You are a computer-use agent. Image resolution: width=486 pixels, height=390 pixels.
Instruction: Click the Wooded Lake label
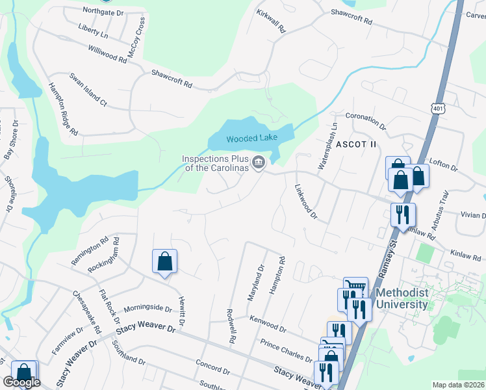tap(251, 138)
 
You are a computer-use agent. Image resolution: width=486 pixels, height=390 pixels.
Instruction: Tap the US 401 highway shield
tap(435, 109)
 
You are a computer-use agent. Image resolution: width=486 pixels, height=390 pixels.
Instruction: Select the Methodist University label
tap(403, 299)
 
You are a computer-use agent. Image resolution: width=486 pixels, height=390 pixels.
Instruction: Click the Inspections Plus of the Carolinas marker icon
tap(259, 162)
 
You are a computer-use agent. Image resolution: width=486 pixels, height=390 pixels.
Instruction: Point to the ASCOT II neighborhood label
tap(355, 144)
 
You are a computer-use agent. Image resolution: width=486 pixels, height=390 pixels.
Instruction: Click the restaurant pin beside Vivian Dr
tap(403, 214)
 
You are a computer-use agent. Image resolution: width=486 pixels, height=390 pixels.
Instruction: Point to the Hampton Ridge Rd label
tap(64, 110)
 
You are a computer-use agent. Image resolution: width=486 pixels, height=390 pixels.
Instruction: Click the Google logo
tap(21, 382)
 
